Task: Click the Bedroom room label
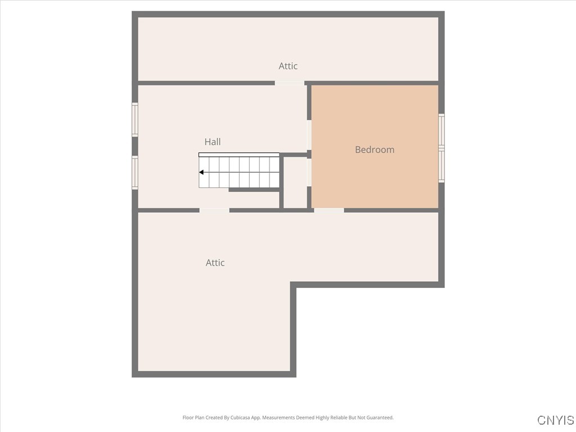375,150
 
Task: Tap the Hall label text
213,142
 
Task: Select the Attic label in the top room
288,66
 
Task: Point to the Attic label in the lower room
215,263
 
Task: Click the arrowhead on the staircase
201,172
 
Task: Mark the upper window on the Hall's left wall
135,119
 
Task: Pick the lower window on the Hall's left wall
135,172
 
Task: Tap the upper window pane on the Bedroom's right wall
442,130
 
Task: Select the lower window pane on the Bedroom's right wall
442,165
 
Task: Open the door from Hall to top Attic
289,83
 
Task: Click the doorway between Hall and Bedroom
309,135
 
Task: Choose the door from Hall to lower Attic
214,210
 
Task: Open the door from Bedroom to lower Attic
329,210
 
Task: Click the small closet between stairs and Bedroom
295,182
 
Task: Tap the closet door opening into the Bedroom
309,172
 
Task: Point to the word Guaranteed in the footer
381,418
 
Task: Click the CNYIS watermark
555,420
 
